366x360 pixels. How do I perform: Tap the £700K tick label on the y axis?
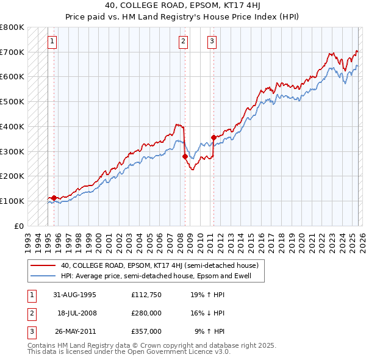12,52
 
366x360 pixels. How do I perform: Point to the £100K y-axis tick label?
12,201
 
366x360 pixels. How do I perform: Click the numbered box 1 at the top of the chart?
52,41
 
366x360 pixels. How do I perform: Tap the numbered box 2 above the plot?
183,41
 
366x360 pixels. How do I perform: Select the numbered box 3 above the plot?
212,41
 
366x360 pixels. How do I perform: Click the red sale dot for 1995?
54,198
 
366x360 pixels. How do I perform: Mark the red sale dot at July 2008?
184,156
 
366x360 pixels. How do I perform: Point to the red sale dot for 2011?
213,137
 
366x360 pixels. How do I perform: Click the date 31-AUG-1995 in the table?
75,295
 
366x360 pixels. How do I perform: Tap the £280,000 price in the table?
146,313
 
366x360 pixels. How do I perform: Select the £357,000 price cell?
146,331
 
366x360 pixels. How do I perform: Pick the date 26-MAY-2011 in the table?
75,331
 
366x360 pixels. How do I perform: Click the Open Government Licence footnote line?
129,352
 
